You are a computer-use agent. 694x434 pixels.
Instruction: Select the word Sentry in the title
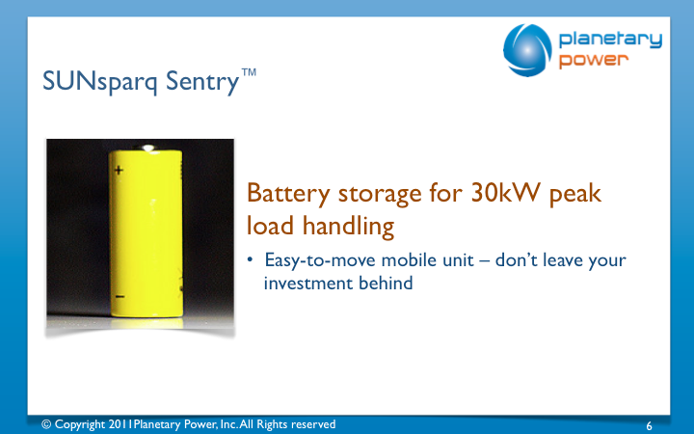coord(202,81)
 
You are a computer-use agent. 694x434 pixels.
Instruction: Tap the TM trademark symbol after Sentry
coord(249,72)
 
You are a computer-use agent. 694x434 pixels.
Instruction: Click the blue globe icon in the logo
coord(527,50)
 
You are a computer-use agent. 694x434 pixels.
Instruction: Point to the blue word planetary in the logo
coord(610,41)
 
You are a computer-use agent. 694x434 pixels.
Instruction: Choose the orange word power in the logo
coord(594,60)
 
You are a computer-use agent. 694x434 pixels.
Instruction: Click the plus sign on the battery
coord(119,170)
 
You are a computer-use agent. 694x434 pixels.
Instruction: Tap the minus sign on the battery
coord(120,296)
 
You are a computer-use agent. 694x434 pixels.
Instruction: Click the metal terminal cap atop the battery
coord(147,148)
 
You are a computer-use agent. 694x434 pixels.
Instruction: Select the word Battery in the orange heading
coord(288,194)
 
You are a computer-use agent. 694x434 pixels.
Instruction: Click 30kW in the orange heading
coord(505,193)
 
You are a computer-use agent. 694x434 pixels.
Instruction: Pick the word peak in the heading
coord(575,195)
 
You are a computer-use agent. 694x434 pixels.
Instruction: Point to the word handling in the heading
coord(348,227)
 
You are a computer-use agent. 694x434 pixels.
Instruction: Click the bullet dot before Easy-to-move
coord(250,259)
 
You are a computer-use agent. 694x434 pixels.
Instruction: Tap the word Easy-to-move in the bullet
coord(320,260)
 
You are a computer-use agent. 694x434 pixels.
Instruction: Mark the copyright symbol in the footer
coord(46,424)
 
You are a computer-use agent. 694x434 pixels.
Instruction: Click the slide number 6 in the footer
coord(649,426)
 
